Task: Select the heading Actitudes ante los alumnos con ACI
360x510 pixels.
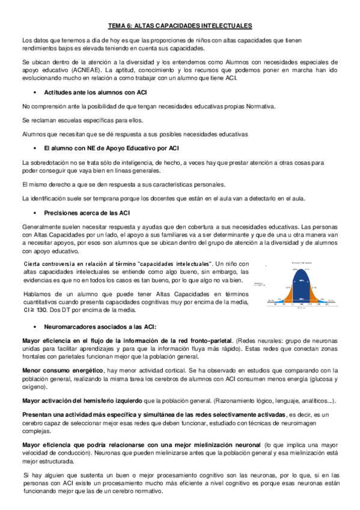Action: pyautogui.click(x=96, y=91)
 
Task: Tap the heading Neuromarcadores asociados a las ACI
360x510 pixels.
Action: pyautogui.click(x=100, y=327)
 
